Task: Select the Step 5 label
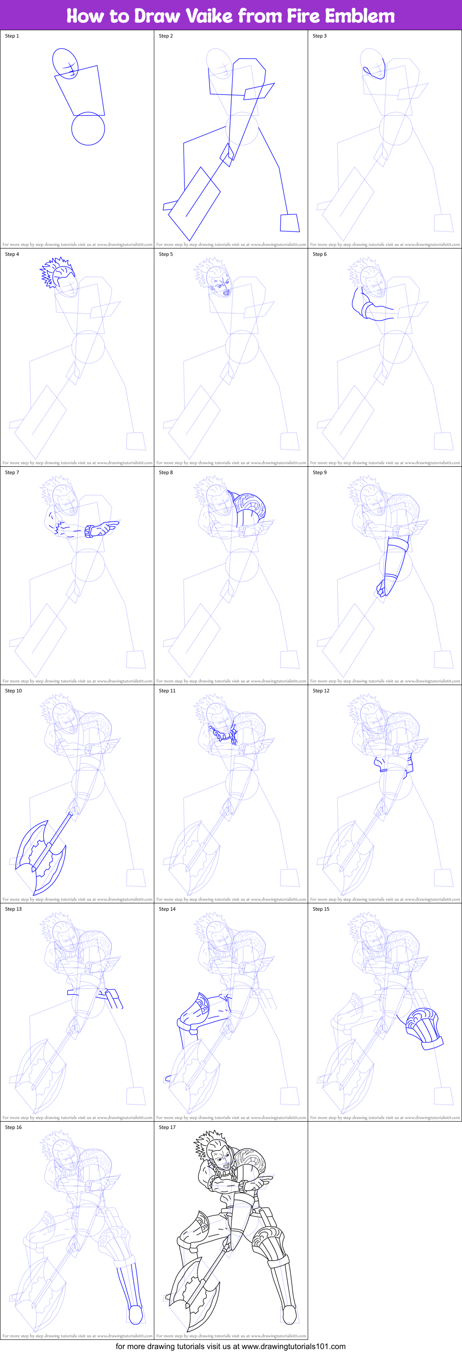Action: point(166,254)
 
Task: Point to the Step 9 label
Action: point(320,472)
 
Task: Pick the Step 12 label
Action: point(321,691)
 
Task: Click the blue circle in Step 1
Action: point(88,129)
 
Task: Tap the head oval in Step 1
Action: point(65,63)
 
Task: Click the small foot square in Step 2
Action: point(290,223)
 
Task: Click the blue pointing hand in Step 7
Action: point(102,528)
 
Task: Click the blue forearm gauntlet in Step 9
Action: point(394,565)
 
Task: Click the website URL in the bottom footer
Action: point(293,1346)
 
